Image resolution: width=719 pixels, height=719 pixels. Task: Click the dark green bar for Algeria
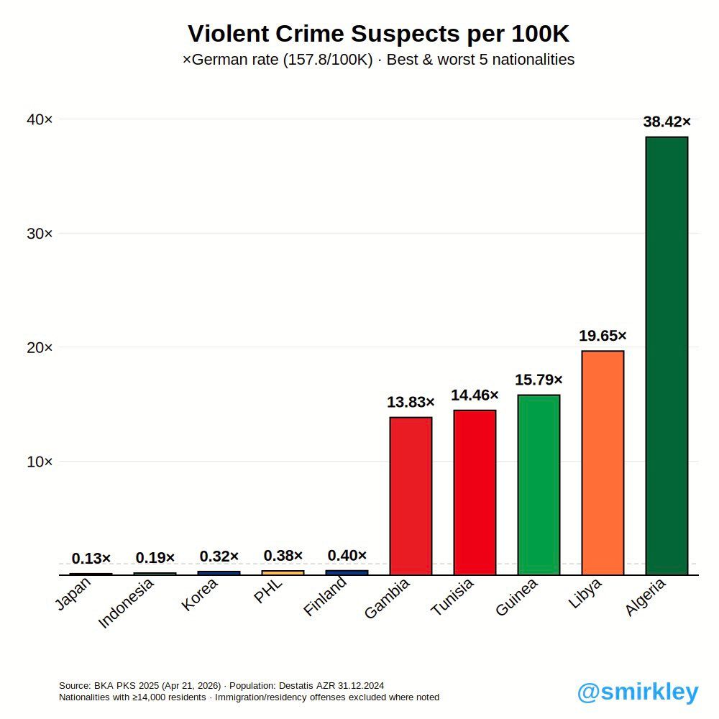coord(667,355)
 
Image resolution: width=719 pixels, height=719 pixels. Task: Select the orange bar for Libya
coord(603,462)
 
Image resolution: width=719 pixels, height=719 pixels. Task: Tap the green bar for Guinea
coord(539,485)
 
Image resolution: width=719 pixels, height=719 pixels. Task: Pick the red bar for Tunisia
coord(475,493)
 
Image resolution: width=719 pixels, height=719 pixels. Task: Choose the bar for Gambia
coord(411,495)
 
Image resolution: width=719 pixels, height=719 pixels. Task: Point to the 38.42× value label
coord(667,122)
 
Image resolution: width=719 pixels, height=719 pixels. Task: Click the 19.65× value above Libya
coord(603,336)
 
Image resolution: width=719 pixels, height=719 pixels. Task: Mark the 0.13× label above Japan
coord(91,559)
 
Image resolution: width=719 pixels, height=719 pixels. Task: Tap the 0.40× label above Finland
coord(347,555)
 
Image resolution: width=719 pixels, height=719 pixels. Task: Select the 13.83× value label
coord(411,402)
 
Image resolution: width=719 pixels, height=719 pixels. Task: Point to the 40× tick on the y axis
coord(40,119)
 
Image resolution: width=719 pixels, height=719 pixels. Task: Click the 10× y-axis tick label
coord(40,462)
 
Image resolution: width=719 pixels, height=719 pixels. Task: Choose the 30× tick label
coord(40,234)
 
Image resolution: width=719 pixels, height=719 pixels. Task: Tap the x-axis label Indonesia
coord(126,603)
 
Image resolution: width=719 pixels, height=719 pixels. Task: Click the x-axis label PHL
coord(267,591)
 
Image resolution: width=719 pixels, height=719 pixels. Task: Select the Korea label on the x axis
coord(199,595)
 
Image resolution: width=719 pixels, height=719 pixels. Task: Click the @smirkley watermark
coord(638,692)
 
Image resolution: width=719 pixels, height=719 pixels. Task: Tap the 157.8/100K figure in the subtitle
coord(328,60)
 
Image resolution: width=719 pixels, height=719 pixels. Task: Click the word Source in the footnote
coord(75,685)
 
